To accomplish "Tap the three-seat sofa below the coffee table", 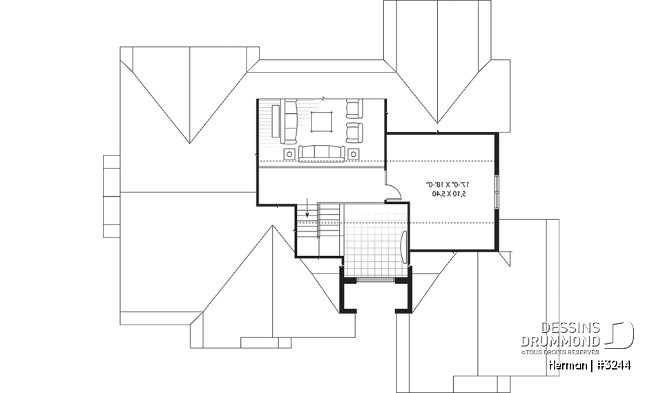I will point(322,152).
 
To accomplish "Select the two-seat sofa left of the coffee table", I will point(289,119).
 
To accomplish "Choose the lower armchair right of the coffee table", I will point(354,131).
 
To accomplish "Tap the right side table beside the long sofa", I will point(354,153).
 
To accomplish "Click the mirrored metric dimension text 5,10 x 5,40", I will point(450,194).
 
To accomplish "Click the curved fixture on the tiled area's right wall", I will point(403,245).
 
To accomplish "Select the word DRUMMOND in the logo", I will point(561,341).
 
